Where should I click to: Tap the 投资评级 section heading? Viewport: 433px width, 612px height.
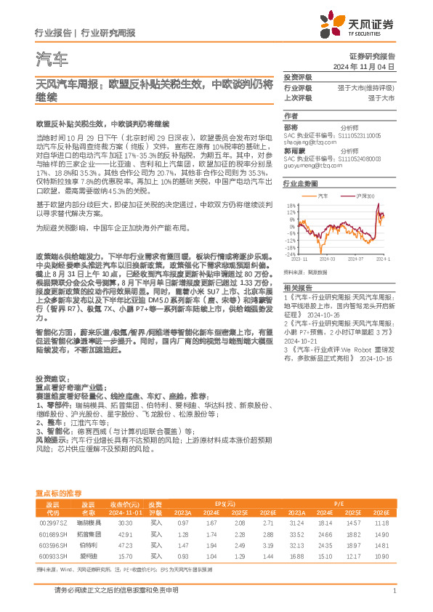coord(297,76)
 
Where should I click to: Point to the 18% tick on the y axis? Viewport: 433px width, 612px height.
coord(291,203)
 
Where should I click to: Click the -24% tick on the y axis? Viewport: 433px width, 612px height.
coord(290,254)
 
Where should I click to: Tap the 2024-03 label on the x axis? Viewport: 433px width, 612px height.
coord(326,258)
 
